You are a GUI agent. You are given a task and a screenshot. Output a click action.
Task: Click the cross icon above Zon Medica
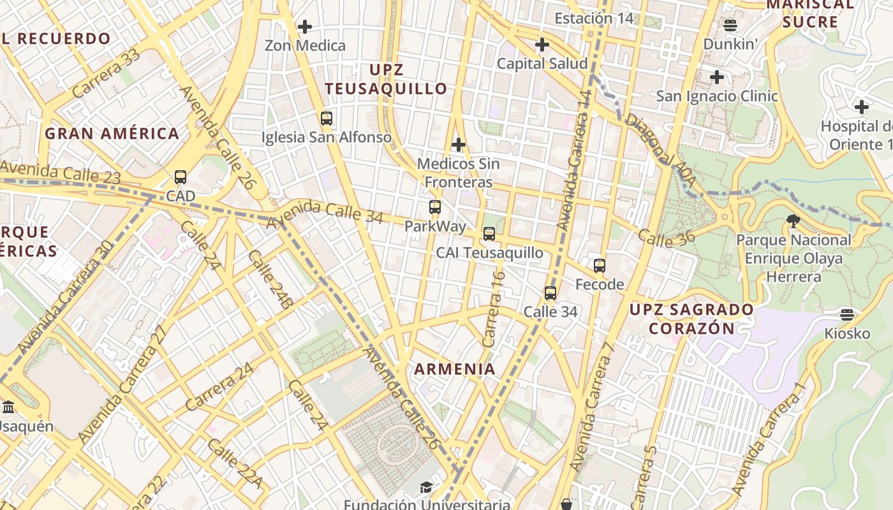point(305,27)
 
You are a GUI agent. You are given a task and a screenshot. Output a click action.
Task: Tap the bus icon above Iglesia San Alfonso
point(327,119)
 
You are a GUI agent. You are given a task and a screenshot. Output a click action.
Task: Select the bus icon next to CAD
point(181,177)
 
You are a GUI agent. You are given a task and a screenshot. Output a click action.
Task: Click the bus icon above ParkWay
point(435,207)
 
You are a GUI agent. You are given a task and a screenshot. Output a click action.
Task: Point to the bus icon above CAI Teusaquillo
point(489,234)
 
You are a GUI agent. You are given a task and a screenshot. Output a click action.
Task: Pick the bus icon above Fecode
point(600,266)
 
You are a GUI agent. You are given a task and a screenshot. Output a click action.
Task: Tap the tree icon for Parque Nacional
point(793,222)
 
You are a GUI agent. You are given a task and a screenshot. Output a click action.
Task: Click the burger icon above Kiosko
point(847,315)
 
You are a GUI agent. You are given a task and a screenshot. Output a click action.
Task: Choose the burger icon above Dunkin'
point(730,25)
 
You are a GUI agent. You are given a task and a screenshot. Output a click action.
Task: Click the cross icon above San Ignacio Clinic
point(717,78)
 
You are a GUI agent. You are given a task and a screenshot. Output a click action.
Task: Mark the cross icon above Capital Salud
point(542,45)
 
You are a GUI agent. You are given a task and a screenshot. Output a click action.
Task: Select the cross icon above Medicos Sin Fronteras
point(458,145)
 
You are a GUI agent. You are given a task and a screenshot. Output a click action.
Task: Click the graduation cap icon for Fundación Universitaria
point(426,488)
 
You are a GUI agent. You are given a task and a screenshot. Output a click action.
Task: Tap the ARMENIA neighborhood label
point(455,369)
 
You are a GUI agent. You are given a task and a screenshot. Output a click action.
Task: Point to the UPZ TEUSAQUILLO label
point(386,79)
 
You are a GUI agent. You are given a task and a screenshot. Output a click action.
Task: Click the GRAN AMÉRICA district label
point(112,134)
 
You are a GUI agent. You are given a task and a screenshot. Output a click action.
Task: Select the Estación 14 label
point(594,18)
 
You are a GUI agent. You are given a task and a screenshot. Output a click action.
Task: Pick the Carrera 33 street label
point(106,75)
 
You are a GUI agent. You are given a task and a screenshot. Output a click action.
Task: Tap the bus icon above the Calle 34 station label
point(550,293)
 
